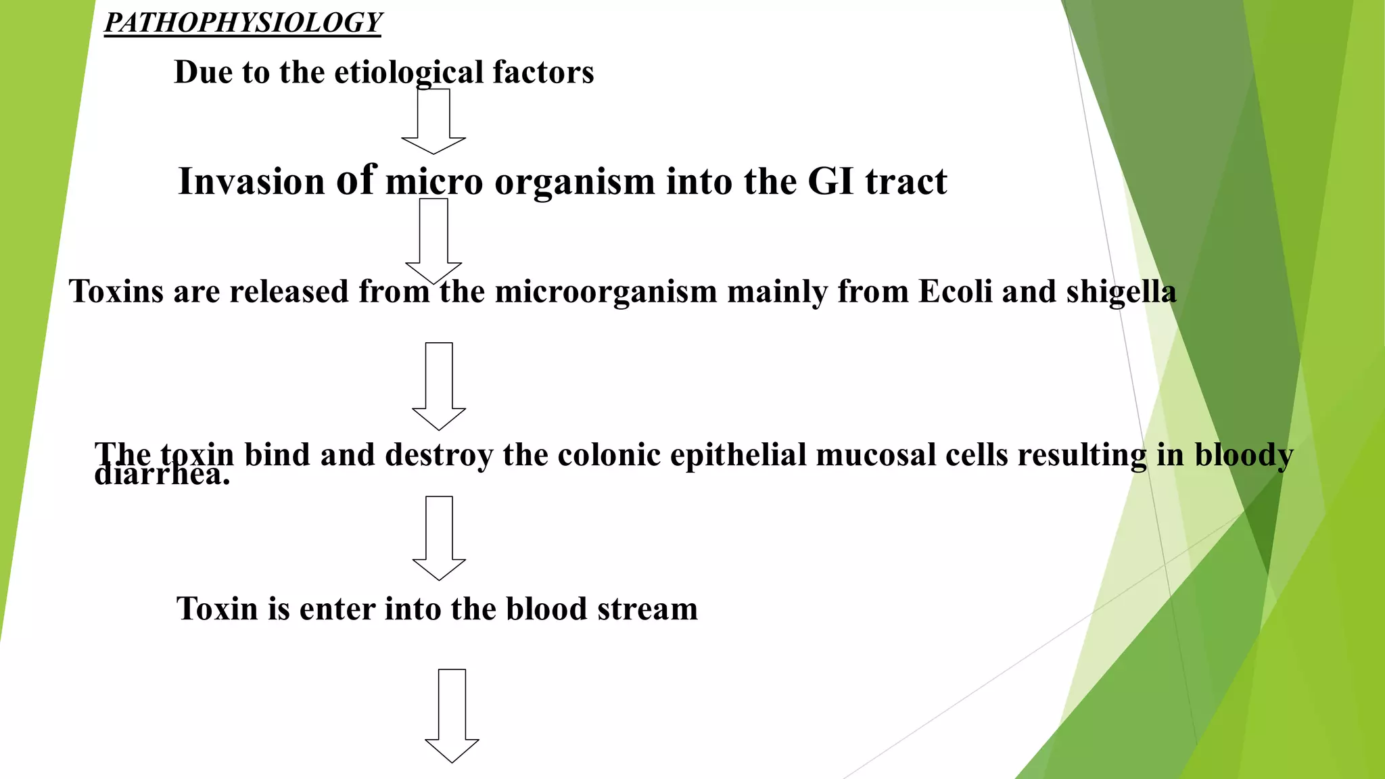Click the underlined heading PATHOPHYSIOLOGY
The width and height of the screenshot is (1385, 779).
[x=243, y=23]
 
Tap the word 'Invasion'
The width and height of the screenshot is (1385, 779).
[x=252, y=181]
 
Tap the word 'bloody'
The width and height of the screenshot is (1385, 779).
[x=1244, y=454]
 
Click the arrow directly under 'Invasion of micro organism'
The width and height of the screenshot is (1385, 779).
[x=433, y=240]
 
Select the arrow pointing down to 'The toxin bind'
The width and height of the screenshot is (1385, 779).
[x=439, y=385]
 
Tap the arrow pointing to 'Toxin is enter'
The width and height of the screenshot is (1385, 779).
[x=439, y=538]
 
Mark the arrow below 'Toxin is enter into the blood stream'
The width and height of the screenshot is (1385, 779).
[x=452, y=715]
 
